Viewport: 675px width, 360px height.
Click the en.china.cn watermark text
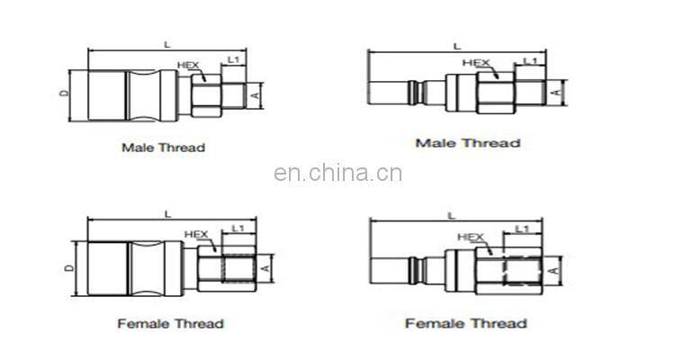coord(337,174)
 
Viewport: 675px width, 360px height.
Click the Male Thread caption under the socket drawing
coord(163,147)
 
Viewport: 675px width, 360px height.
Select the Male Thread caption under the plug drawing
coord(467,143)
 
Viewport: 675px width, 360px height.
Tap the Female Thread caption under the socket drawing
coord(170,323)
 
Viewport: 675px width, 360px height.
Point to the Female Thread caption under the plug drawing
coord(465,323)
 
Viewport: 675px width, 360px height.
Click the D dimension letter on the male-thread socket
coord(63,93)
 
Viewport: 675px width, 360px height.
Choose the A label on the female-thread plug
coord(554,268)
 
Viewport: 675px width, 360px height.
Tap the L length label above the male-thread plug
coord(456,45)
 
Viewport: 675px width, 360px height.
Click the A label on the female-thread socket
coord(265,267)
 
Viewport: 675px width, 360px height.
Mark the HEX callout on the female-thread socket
coord(196,235)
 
